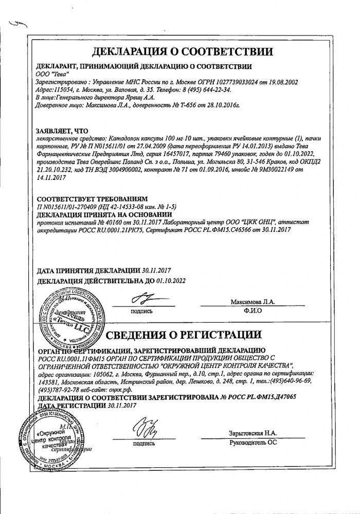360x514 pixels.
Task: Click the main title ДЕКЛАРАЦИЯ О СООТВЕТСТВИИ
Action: [179, 52]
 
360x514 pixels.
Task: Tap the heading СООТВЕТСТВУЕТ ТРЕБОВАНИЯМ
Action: [91, 198]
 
